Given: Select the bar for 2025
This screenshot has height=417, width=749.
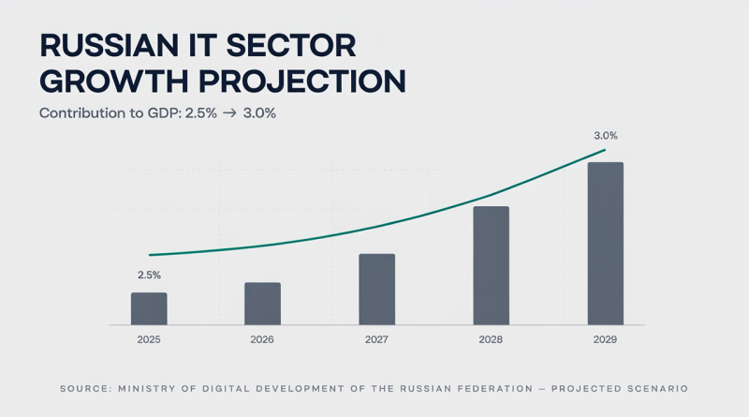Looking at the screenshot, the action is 149,309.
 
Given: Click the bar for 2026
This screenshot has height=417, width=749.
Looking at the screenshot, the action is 263,304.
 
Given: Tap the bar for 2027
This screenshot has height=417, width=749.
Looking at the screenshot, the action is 377,290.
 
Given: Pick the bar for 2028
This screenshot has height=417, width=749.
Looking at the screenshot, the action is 491,266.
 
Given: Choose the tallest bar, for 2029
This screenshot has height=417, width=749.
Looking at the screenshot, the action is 605,244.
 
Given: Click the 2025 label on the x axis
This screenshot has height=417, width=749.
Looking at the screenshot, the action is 149,339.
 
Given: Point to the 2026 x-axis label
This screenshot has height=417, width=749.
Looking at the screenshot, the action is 262,339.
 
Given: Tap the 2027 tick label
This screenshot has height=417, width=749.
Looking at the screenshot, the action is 376,339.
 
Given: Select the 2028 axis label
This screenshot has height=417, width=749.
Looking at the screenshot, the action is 491,339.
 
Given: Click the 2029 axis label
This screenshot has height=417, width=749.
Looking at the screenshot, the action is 605,339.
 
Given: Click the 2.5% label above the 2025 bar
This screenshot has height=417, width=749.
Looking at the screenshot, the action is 149,275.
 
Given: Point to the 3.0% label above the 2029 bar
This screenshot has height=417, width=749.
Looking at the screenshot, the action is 606,136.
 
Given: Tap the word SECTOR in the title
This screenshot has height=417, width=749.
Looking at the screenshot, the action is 291,46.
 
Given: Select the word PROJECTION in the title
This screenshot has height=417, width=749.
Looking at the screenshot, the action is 301,82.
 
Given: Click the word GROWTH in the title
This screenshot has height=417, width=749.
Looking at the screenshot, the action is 114,82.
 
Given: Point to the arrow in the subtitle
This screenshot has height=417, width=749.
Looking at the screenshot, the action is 229,113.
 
